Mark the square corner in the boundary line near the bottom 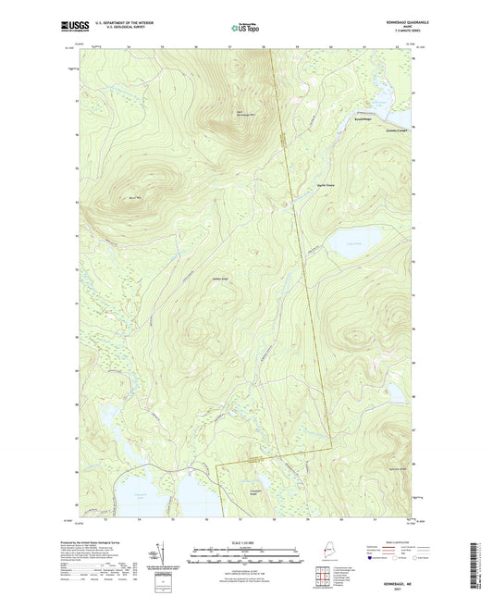tap(217, 466)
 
